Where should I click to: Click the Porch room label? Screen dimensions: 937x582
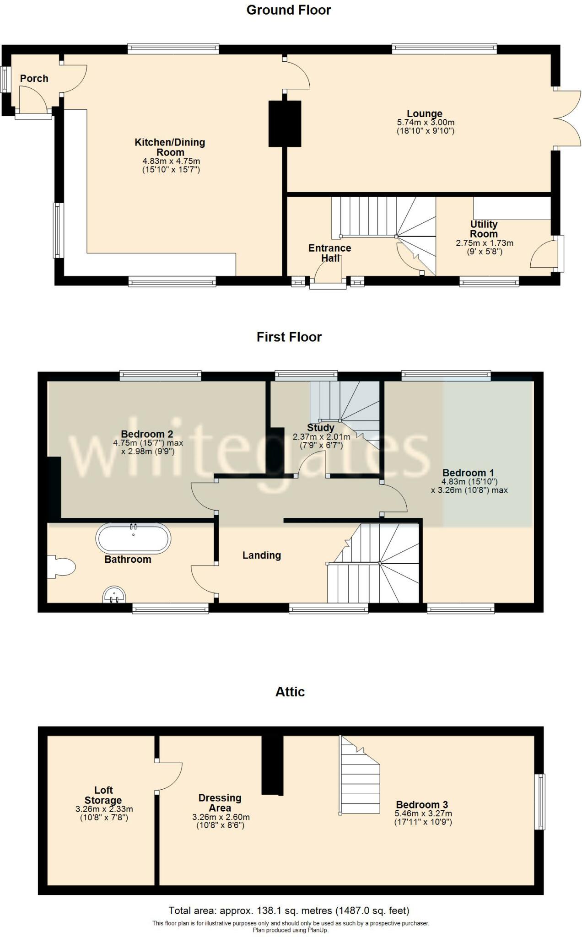coord(34,78)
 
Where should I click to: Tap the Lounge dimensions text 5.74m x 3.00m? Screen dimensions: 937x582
coord(426,123)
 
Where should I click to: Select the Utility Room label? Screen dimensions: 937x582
coord(484,229)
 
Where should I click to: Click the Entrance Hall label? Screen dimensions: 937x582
coord(329,253)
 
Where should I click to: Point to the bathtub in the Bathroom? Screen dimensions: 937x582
coord(133,539)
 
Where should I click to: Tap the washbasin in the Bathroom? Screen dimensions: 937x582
coord(114,595)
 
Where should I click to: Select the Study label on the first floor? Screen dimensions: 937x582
coord(320,428)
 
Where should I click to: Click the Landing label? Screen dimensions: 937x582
coord(261,555)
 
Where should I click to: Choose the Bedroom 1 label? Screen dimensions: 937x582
coord(468,473)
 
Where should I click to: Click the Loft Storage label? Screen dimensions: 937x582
coord(103,795)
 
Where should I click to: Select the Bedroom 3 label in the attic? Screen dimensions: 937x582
coord(421,804)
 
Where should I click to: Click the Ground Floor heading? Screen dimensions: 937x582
coord(288,10)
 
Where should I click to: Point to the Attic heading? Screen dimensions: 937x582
coord(290,692)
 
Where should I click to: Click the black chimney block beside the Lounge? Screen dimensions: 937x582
coord(285,124)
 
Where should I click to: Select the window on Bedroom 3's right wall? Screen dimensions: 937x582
coord(540,801)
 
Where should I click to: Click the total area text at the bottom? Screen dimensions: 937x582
coord(289,910)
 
